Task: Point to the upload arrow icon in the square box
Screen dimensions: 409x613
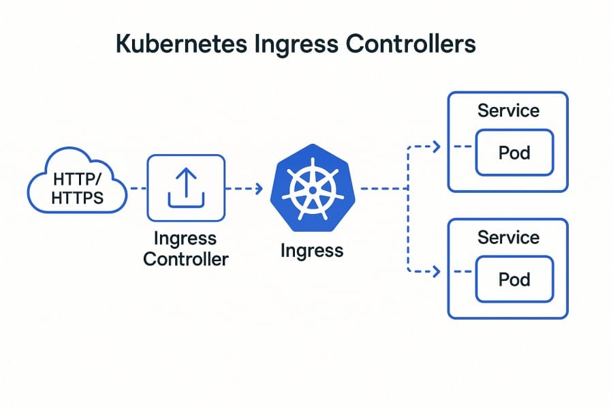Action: click(186, 187)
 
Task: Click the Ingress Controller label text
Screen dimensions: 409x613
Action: click(186, 249)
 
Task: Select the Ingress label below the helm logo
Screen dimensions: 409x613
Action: click(312, 250)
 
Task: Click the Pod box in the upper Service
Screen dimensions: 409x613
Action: click(514, 152)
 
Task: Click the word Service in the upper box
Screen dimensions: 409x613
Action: click(508, 110)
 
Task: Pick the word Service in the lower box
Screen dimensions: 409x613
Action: click(508, 237)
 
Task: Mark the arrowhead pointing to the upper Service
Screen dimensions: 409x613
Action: click(437, 147)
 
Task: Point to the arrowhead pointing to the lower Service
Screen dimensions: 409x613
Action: click(437, 272)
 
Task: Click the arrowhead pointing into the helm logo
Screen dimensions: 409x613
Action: click(258, 188)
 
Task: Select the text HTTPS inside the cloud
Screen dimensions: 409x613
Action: click(77, 199)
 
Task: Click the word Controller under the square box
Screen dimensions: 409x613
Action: click(186, 259)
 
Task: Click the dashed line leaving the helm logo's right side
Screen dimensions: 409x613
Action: click(381, 188)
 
